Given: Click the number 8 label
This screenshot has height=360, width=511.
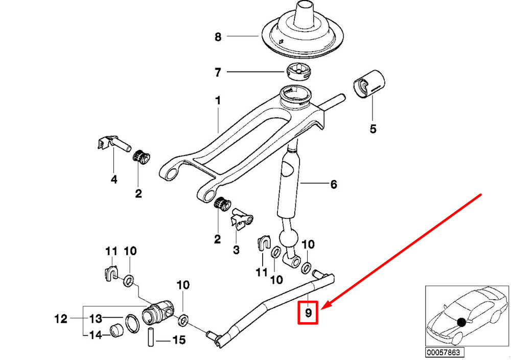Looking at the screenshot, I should pos(218,37).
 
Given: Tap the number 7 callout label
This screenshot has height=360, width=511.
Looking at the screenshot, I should pos(218,73).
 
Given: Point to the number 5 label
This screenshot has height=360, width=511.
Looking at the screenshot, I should pos(373,129).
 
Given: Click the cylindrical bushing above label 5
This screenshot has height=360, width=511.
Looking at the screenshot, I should pos(370,83).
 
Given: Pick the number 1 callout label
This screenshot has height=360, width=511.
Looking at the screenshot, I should pos(218,101).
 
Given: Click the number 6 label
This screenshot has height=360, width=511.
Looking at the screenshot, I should pos(333,184).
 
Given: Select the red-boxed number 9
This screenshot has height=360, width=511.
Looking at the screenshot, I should pos(308,312).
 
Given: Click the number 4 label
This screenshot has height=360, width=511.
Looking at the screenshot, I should pos(113,179).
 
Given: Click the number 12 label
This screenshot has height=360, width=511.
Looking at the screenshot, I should pos(61,320).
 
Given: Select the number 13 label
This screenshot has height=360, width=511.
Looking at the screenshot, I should pos(96,320).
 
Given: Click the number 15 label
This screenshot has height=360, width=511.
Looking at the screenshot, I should pos(178,339).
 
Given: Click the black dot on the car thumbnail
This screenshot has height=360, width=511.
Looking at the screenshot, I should pos(462,322).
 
